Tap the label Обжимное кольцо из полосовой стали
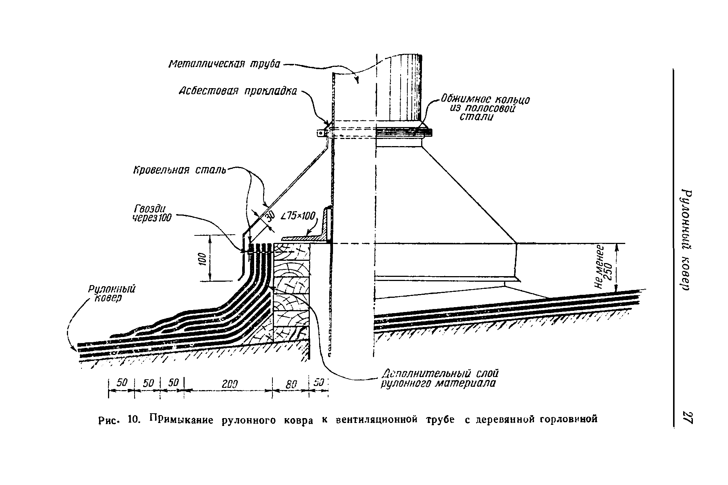485,108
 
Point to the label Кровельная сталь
180,170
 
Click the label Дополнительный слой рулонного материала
439,379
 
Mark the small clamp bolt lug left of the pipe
320,133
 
